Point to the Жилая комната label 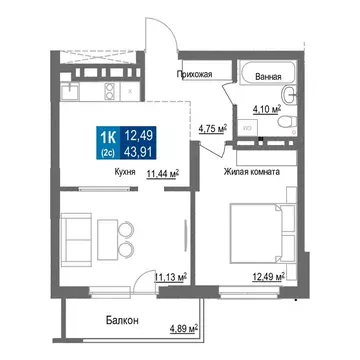(x=251, y=171)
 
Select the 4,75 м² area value (x=213, y=128)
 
